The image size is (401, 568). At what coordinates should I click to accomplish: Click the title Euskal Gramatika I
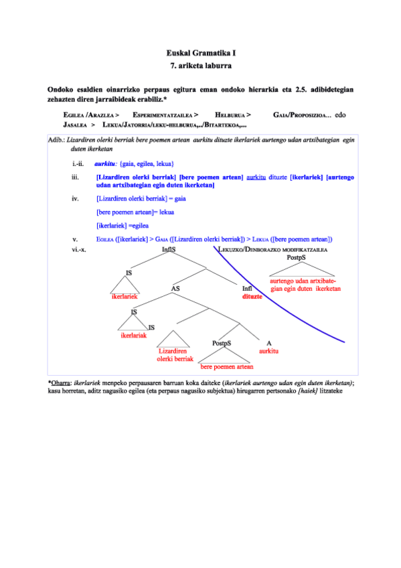click(200, 52)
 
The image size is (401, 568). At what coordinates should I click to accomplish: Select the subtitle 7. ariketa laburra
click(200, 65)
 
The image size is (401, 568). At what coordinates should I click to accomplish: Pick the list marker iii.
click(76, 177)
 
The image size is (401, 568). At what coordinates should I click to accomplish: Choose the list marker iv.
click(76, 199)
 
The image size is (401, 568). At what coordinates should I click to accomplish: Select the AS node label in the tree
click(175, 289)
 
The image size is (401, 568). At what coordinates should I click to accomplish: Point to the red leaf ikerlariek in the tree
click(125, 295)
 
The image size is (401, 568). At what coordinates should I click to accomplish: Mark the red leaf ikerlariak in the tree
click(133, 336)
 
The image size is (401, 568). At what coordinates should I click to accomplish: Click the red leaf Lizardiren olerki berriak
click(175, 354)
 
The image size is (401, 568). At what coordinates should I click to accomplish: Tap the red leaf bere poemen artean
click(227, 366)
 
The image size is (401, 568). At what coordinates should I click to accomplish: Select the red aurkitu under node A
click(268, 350)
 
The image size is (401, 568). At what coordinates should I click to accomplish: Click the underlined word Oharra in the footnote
click(62, 382)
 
